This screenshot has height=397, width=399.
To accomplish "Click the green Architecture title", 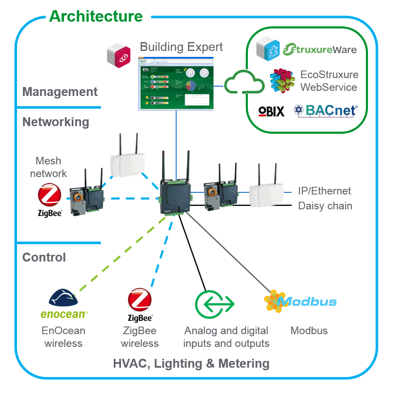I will pos(96,17).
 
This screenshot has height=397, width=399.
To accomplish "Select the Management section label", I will pos(60,92).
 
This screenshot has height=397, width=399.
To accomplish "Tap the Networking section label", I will pos(56,122).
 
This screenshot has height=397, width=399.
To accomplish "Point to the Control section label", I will pos(44,257).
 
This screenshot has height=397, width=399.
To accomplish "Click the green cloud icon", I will pos(244,82).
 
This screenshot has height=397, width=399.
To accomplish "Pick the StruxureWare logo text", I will pos(320,49).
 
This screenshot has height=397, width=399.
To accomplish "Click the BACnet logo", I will pos(325,111).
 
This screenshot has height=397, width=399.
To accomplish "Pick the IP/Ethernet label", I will pos(324,191).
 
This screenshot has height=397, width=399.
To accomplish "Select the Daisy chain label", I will pos(325,206).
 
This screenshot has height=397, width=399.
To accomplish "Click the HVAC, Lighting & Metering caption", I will pos(191,363).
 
